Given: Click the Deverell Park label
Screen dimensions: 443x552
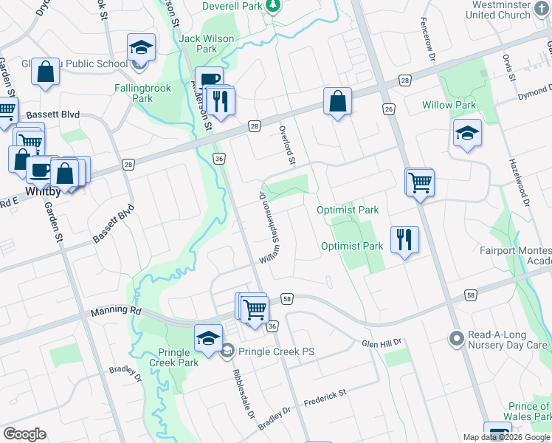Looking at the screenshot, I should pos(231,6).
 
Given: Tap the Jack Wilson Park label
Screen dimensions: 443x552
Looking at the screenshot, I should pos(207,44).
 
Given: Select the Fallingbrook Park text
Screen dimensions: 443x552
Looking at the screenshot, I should pos(143,93).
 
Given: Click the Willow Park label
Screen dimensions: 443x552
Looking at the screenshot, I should pos(449,105).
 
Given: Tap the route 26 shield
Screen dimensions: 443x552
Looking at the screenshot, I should pos(389,109).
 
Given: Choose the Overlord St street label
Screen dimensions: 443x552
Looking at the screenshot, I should pos(287,145).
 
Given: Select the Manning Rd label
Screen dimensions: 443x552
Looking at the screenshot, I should pos(116,312).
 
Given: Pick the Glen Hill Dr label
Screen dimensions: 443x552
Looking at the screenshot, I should pos(381,343).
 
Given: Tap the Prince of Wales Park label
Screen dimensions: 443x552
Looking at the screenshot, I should pos(529,412).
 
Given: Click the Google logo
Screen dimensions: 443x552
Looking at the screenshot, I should pos(24,434).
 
